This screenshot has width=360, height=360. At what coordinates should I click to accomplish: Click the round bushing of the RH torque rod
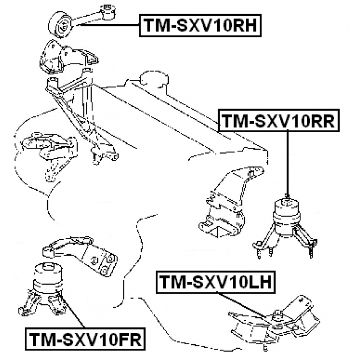tap(61, 24)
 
